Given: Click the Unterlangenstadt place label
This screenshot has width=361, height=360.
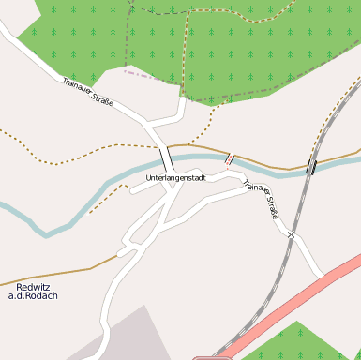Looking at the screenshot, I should tap(175, 177).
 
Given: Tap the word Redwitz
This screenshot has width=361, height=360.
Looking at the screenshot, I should tap(33, 287).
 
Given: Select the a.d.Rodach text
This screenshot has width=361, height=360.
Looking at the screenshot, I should tap(33, 296).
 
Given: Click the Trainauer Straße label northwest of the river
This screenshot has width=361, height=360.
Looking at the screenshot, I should tap(88, 91).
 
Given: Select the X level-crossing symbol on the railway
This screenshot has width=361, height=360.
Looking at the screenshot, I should tap(292, 234).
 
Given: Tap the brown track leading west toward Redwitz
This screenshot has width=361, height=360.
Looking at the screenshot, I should tap(56, 276).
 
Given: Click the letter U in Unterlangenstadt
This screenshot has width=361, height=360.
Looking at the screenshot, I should tap(148, 177).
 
